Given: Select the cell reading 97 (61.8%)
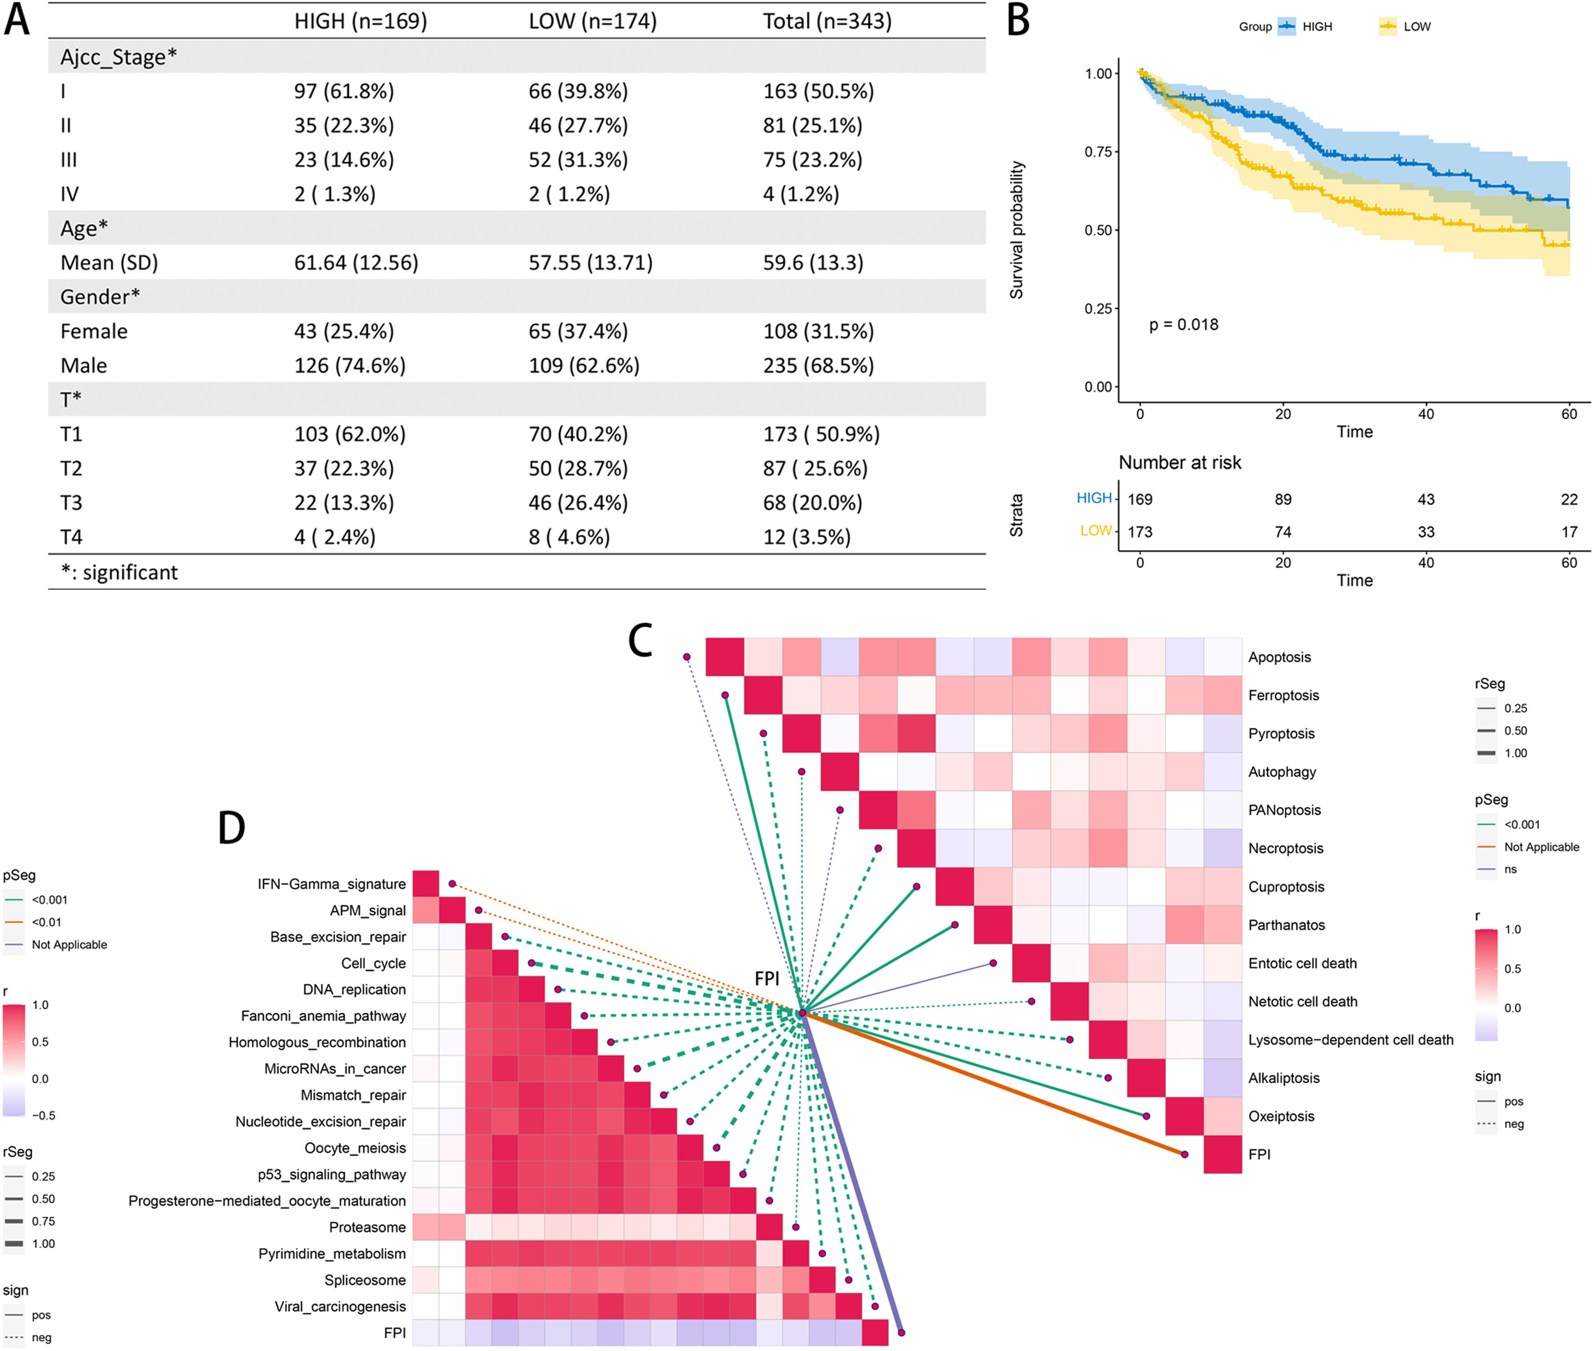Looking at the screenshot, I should (343, 91).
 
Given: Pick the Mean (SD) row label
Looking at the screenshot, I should (109, 263).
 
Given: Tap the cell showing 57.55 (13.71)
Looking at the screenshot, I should (590, 263).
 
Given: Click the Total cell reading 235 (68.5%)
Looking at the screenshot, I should (817, 366).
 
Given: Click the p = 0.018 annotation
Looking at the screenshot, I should (1183, 325).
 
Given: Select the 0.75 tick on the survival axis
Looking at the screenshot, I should (1098, 152).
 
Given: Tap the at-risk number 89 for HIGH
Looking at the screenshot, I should (1283, 499).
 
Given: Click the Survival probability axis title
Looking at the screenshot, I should (1016, 230).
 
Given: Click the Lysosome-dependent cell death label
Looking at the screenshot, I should (1350, 1039).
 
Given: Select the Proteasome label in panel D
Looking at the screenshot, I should (367, 1227).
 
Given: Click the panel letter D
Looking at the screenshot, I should (231, 828).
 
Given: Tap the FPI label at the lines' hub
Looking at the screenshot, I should (766, 979).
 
